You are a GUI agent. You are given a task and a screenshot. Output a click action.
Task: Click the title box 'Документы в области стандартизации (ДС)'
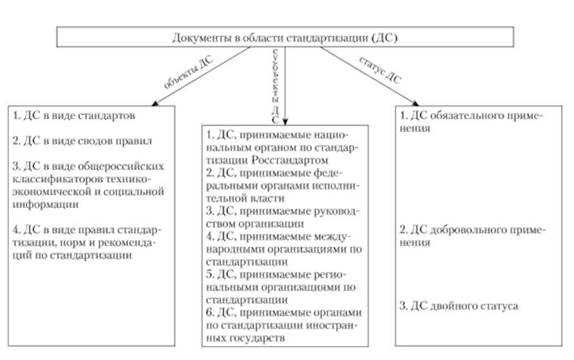(x=286, y=38)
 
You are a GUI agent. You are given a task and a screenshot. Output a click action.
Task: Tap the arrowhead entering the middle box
(x=284, y=123)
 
